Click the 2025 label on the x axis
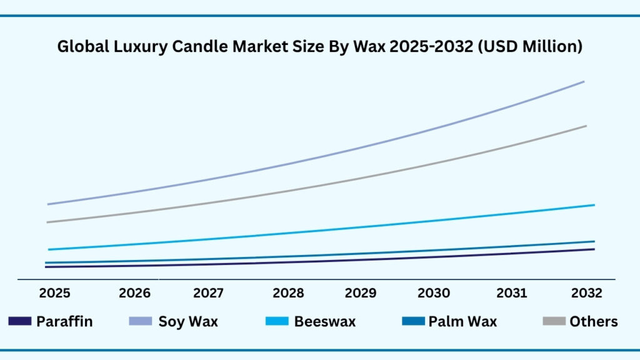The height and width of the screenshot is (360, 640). tap(54, 293)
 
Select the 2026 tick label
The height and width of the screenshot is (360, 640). tap(134, 293)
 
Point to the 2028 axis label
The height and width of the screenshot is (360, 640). tap(288, 293)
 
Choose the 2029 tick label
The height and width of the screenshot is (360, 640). tap(361, 293)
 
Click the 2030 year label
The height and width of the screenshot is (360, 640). tap(434, 293)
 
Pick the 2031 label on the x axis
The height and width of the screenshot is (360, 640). tap(512, 293)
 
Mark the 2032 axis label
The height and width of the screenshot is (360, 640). tap(586, 293)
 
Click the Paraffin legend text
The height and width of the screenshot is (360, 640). tap(64, 322)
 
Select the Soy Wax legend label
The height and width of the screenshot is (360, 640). tap(188, 322)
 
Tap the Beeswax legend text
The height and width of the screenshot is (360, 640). tap(325, 322)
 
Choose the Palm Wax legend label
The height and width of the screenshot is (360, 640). tap(462, 322)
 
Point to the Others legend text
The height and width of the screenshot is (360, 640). tap(593, 322)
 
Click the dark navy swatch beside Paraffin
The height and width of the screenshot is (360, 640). tap(19, 322)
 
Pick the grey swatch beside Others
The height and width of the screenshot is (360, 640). tap(554, 322)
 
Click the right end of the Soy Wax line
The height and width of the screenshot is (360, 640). tap(584, 82)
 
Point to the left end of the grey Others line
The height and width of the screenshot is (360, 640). tap(47, 222)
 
